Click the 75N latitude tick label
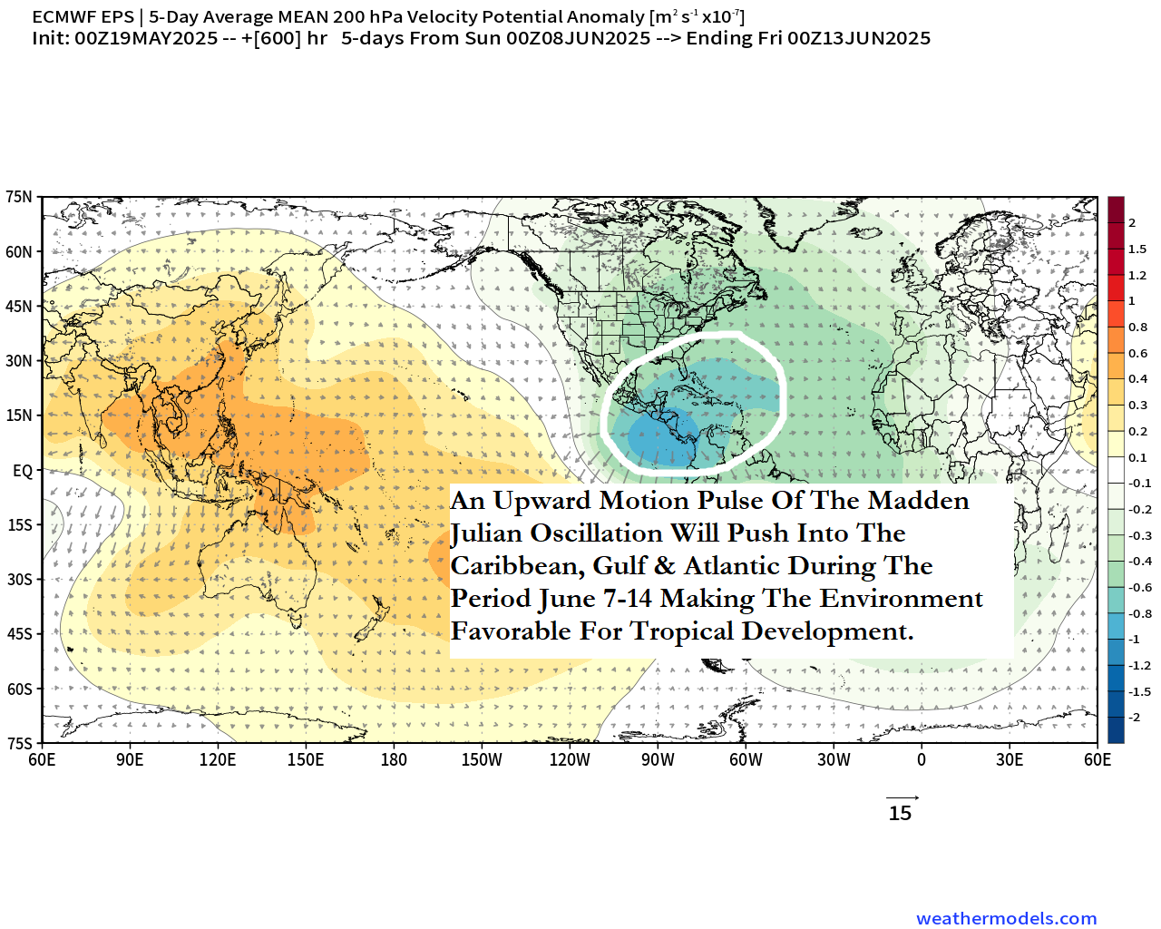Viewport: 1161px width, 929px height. click(18, 197)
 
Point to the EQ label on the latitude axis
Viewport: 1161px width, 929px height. click(23, 471)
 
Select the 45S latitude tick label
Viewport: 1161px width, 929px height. click(19, 634)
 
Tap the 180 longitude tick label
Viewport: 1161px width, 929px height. click(394, 760)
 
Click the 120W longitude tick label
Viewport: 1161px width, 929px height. click(570, 760)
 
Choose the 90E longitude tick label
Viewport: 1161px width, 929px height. click(130, 760)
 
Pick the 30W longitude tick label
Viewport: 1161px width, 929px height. click(834, 760)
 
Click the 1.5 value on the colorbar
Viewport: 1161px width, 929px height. click(1137, 249)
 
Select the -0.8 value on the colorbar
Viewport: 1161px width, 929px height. click(1139, 614)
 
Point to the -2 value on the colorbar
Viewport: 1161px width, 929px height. click(1134, 718)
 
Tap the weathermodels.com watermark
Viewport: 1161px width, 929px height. click(1006, 919)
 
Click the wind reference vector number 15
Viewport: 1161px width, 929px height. click(900, 814)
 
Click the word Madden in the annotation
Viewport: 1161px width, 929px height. click(918, 501)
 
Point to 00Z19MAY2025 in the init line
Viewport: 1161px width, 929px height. click(146, 38)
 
